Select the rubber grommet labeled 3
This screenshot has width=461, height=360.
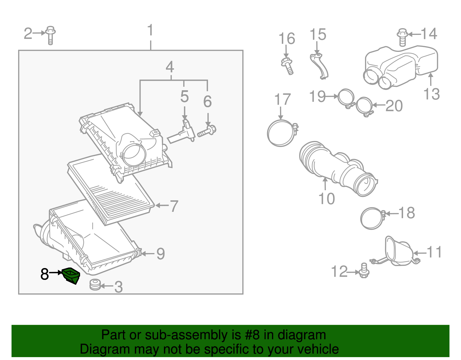click(95, 285)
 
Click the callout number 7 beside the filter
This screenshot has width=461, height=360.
click(174, 206)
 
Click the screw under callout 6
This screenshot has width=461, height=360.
click(207, 131)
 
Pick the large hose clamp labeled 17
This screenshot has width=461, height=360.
click(281, 133)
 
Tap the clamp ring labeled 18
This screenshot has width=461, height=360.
click(372, 218)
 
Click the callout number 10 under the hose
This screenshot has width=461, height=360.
click(326, 199)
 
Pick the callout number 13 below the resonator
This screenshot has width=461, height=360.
click(431, 94)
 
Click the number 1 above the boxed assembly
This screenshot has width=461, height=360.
click(150, 31)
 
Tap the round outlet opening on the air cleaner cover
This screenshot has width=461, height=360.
click(133, 152)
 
